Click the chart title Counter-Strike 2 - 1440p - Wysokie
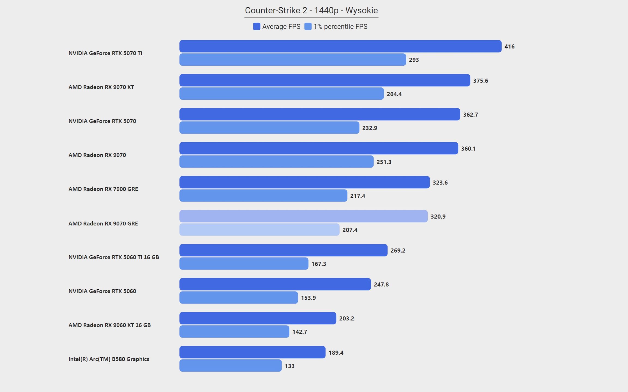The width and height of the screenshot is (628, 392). coord(311,10)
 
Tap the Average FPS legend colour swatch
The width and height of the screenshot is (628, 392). coord(256,26)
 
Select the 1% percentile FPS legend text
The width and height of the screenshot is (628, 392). coord(340,27)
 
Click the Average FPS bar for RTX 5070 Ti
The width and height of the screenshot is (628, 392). coord(340,46)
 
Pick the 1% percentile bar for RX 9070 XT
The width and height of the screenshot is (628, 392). coord(282,94)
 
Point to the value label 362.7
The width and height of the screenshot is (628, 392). coord(470,115)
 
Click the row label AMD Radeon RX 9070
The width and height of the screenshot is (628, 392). coord(97,155)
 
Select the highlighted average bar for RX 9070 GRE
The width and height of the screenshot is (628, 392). coord(304,216)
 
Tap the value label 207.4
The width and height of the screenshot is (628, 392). coord(350,230)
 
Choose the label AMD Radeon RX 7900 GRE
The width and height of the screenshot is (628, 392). coord(103,189)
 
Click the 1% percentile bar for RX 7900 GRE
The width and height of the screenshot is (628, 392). coord(263,196)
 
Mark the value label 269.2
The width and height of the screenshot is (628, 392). coord(398,250)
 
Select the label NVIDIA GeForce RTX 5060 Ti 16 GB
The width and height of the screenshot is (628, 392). coord(114,257)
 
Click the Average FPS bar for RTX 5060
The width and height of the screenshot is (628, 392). coord(275,284)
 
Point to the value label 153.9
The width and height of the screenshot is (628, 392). coord(308,298)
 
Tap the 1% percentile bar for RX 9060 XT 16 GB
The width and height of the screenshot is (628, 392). coord(234,332)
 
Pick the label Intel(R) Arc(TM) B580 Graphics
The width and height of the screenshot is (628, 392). coord(109,359)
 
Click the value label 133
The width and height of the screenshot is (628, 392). coord(289,366)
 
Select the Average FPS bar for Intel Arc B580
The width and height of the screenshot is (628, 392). coord(252,352)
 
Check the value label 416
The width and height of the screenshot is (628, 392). coord(509,47)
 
